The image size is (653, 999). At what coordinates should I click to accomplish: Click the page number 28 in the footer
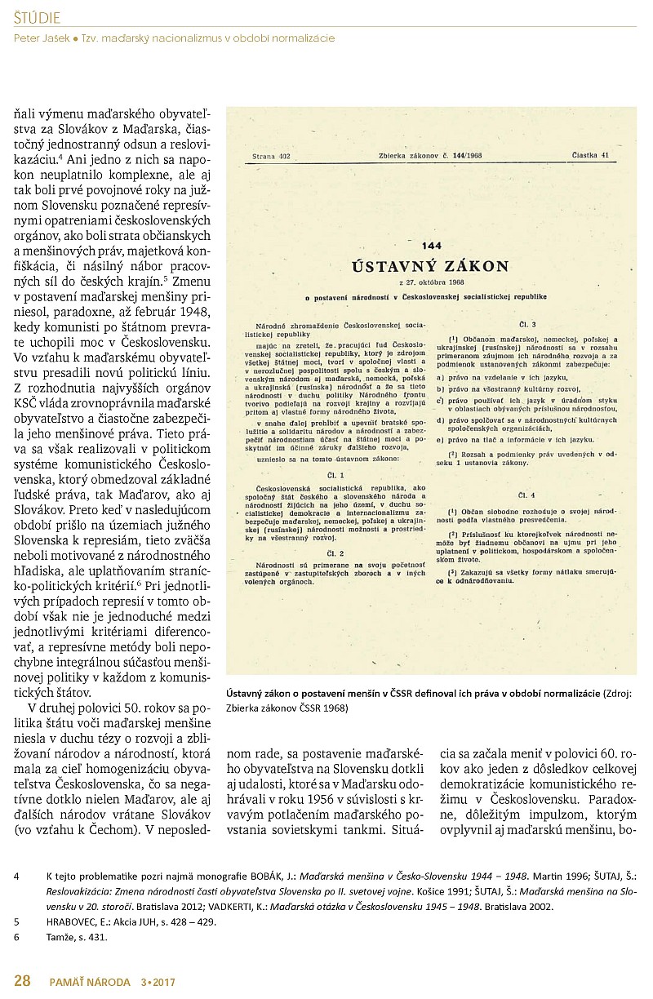[22, 981]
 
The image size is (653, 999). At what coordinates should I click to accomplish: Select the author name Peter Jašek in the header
[42, 38]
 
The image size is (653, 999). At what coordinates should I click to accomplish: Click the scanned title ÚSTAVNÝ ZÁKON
[429, 266]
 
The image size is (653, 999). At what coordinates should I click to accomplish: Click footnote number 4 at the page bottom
[17, 877]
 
